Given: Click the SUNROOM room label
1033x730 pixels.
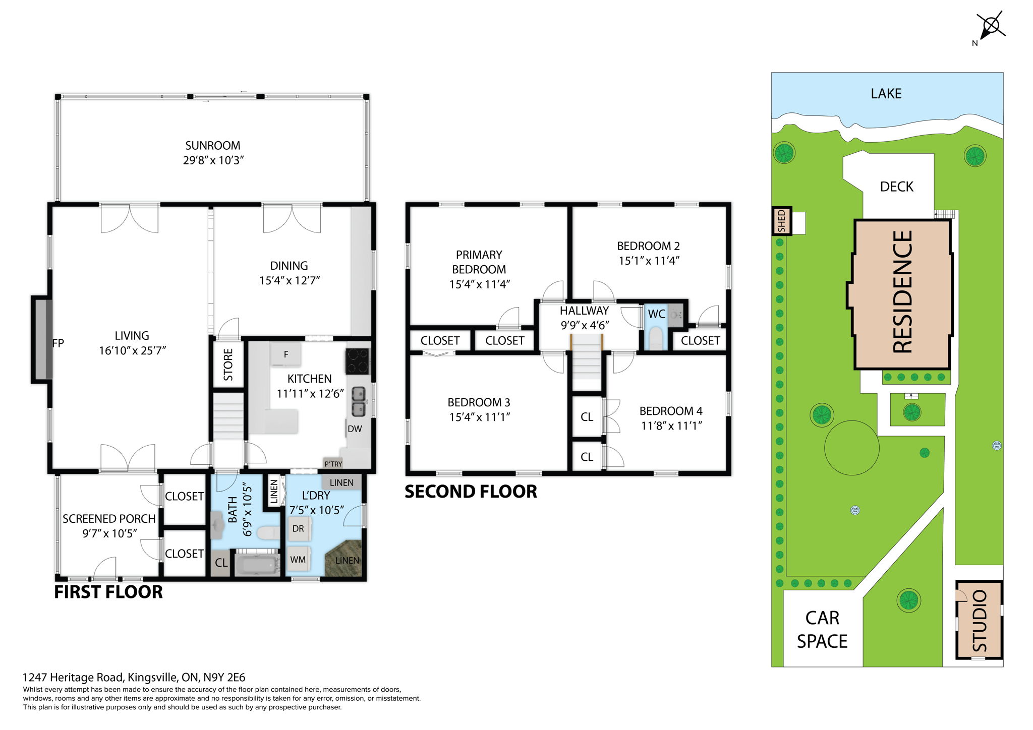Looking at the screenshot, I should click(212, 146).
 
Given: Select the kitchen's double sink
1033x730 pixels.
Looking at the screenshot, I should click(358, 401).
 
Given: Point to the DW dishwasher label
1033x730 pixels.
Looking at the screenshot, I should click(355, 429).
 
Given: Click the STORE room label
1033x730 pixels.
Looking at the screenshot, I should click(228, 364).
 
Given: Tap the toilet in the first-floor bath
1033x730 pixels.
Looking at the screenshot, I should click(267, 532).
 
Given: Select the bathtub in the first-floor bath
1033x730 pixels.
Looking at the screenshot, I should click(257, 564).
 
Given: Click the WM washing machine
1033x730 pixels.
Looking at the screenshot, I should click(298, 560).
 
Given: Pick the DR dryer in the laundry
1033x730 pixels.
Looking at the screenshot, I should click(299, 529).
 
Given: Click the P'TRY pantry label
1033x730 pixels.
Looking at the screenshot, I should click(333, 464).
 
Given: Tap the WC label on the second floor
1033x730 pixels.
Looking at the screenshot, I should click(656, 314).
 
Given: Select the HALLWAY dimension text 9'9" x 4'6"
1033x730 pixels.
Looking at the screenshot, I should click(585, 326).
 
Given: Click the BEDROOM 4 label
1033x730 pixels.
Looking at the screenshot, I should click(670, 411).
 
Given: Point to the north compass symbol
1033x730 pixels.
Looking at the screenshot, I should click(990, 26).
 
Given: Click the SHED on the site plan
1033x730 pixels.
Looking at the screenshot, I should click(781, 221).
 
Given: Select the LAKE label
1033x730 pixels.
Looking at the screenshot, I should click(886, 94).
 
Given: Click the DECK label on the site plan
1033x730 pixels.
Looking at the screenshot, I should click(896, 187).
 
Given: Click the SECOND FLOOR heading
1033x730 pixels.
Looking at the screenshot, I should click(471, 492).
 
